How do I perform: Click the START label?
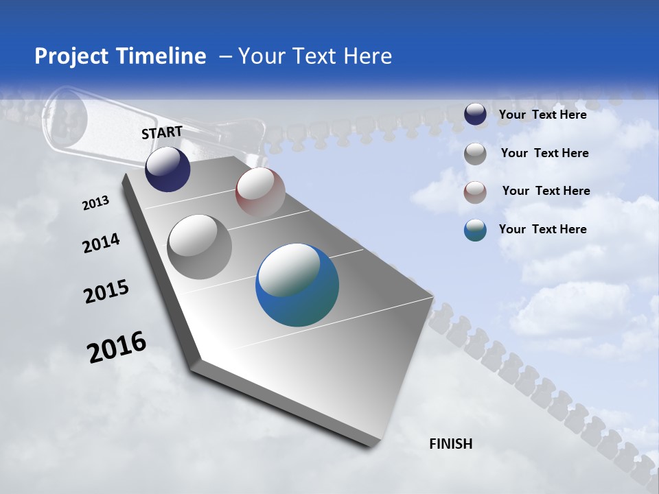coord(162,132)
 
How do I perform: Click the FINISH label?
coord(451,444)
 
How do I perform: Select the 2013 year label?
coord(96,203)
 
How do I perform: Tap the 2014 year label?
coord(102,244)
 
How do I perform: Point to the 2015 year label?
coord(106,292)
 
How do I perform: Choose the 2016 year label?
coord(117,346)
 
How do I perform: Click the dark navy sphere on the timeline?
coord(167,169)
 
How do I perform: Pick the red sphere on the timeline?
coord(260,192)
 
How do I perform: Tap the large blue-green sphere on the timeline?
coord(297,285)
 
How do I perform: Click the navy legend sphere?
coord(475,115)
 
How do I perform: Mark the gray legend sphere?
coord(475,154)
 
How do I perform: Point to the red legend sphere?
coord(475,192)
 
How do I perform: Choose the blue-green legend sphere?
coord(475,230)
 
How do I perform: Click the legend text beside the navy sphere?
coord(542,115)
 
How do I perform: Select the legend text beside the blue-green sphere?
coord(542,229)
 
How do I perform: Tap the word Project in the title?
coord(67,56)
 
